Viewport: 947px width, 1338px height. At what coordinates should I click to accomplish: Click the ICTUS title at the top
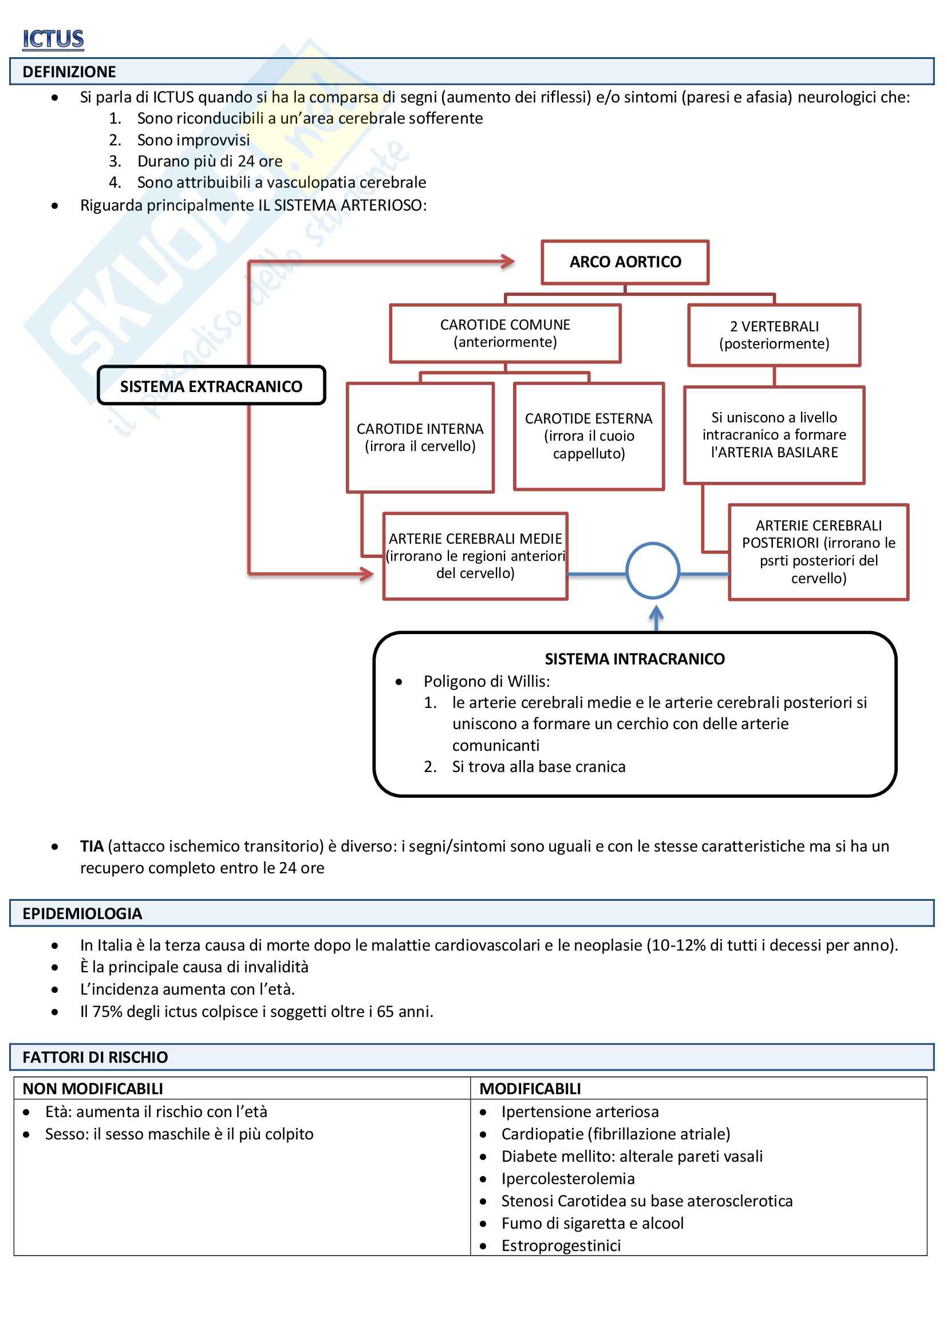[53, 39]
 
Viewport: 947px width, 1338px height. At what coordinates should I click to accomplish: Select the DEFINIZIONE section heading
[69, 72]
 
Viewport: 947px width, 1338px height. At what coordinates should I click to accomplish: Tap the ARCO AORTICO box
[625, 262]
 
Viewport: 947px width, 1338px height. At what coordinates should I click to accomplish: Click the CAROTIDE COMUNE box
[505, 333]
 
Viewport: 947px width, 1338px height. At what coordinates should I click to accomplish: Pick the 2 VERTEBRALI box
[774, 335]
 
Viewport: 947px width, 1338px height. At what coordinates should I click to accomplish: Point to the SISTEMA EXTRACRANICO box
[211, 386]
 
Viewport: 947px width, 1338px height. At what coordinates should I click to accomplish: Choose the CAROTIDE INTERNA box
[420, 437]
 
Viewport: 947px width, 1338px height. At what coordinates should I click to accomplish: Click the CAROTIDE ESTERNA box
[589, 436]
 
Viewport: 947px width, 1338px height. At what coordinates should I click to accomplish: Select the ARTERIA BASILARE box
[774, 435]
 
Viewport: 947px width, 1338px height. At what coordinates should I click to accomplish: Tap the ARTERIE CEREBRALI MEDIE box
[475, 556]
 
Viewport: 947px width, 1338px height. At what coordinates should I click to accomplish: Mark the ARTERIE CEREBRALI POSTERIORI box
[818, 551]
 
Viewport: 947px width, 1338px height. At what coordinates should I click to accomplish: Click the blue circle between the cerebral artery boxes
[653, 571]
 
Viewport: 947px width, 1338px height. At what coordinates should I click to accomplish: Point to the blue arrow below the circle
[656, 617]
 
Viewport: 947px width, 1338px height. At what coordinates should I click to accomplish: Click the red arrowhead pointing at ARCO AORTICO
[507, 262]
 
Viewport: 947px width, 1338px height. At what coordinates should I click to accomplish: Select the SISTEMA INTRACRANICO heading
[634, 659]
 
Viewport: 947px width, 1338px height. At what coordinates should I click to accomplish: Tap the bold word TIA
[92, 846]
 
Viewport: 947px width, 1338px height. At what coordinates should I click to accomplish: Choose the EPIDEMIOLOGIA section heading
[82, 914]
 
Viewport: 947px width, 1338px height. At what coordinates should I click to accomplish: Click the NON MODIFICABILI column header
[93, 1088]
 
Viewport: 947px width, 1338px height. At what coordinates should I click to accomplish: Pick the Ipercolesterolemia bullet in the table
[567, 1178]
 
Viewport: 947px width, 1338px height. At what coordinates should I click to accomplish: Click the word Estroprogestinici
[561, 1245]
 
